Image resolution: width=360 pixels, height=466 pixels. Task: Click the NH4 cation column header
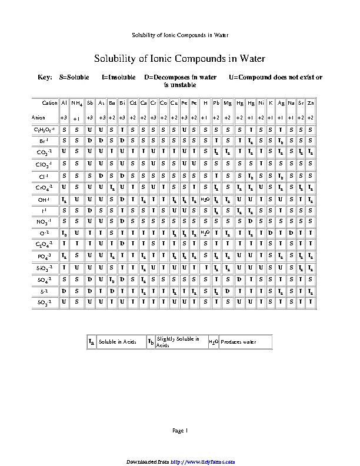(x=76, y=104)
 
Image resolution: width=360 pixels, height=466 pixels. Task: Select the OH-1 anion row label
(x=45, y=200)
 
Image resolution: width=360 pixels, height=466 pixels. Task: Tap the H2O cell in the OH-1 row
(x=205, y=200)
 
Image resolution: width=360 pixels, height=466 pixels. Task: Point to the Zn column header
(x=310, y=103)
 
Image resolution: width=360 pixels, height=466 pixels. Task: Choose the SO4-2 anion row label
(x=45, y=279)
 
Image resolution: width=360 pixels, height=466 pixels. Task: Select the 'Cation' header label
(x=50, y=103)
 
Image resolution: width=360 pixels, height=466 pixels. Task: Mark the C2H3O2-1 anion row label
(x=45, y=129)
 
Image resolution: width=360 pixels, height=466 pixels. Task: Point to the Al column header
(x=64, y=103)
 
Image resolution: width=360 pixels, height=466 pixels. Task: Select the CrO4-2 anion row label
(x=45, y=187)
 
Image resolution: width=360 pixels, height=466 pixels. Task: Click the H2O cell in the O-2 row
(x=205, y=233)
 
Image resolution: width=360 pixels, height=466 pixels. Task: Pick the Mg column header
(x=227, y=103)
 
